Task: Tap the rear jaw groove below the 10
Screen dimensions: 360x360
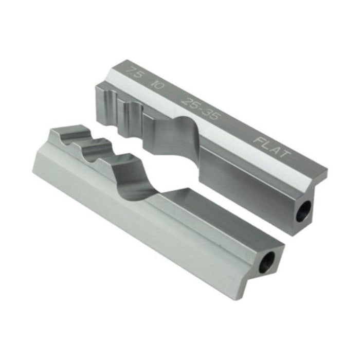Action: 131,109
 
